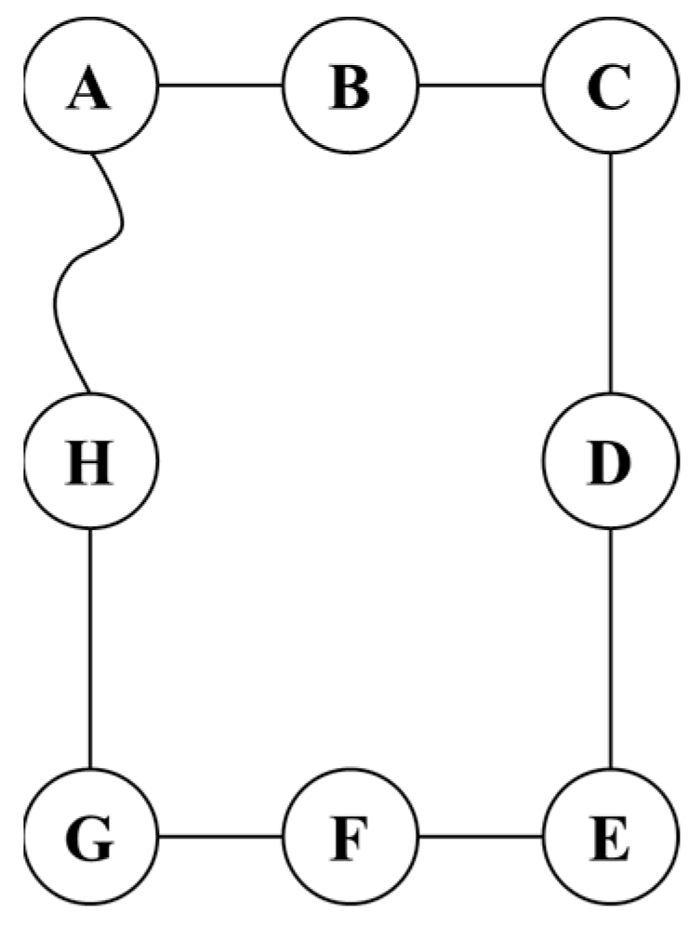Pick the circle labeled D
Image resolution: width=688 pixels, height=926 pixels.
(x=610, y=461)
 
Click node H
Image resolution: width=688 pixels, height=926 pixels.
(x=90, y=461)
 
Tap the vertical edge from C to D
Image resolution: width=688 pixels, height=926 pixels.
(x=610, y=274)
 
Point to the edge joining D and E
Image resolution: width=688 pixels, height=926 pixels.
(x=610, y=648)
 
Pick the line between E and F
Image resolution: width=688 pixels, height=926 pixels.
(x=481, y=835)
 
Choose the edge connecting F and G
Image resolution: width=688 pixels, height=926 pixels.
(x=220, y=835)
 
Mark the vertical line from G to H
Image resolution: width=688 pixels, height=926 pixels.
(x=90, y=648)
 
